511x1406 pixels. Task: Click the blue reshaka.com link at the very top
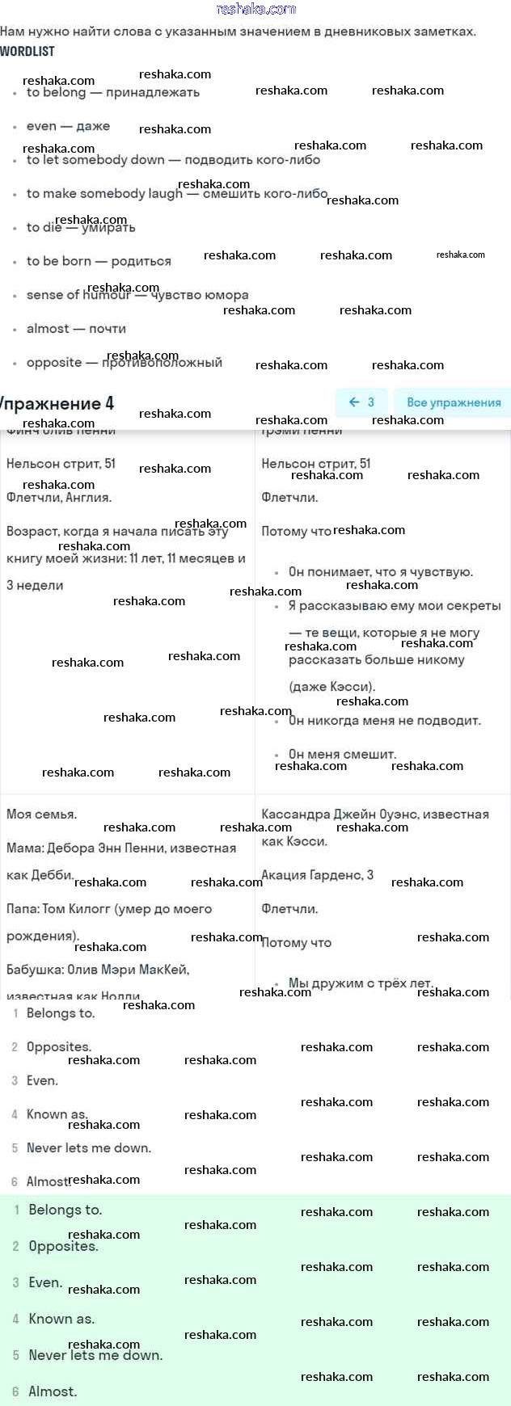coord(256,9)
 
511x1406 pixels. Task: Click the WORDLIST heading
coord(27,52)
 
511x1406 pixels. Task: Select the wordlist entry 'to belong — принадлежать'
coord(112,93)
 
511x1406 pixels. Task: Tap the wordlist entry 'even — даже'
coord(68,126)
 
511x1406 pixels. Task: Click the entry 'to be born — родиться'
coord(99,261)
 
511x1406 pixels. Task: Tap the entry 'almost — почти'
coord(76,329)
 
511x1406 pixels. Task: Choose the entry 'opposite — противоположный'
coord(124,363)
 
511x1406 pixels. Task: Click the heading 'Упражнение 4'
coord(57,403)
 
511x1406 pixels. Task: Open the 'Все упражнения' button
coord(453,402)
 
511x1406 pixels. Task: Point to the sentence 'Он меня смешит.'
coord(342,754)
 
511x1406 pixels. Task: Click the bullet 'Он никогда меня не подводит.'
coord(384,721)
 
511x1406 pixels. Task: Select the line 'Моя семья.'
coord(42,815)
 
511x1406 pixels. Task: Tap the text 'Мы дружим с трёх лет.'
coord(361,983)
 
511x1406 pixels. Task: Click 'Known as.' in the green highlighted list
coord(61,1319)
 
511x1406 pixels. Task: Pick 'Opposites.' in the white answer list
coord(59,1047)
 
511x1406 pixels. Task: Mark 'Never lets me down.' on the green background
coord(95,1355)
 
